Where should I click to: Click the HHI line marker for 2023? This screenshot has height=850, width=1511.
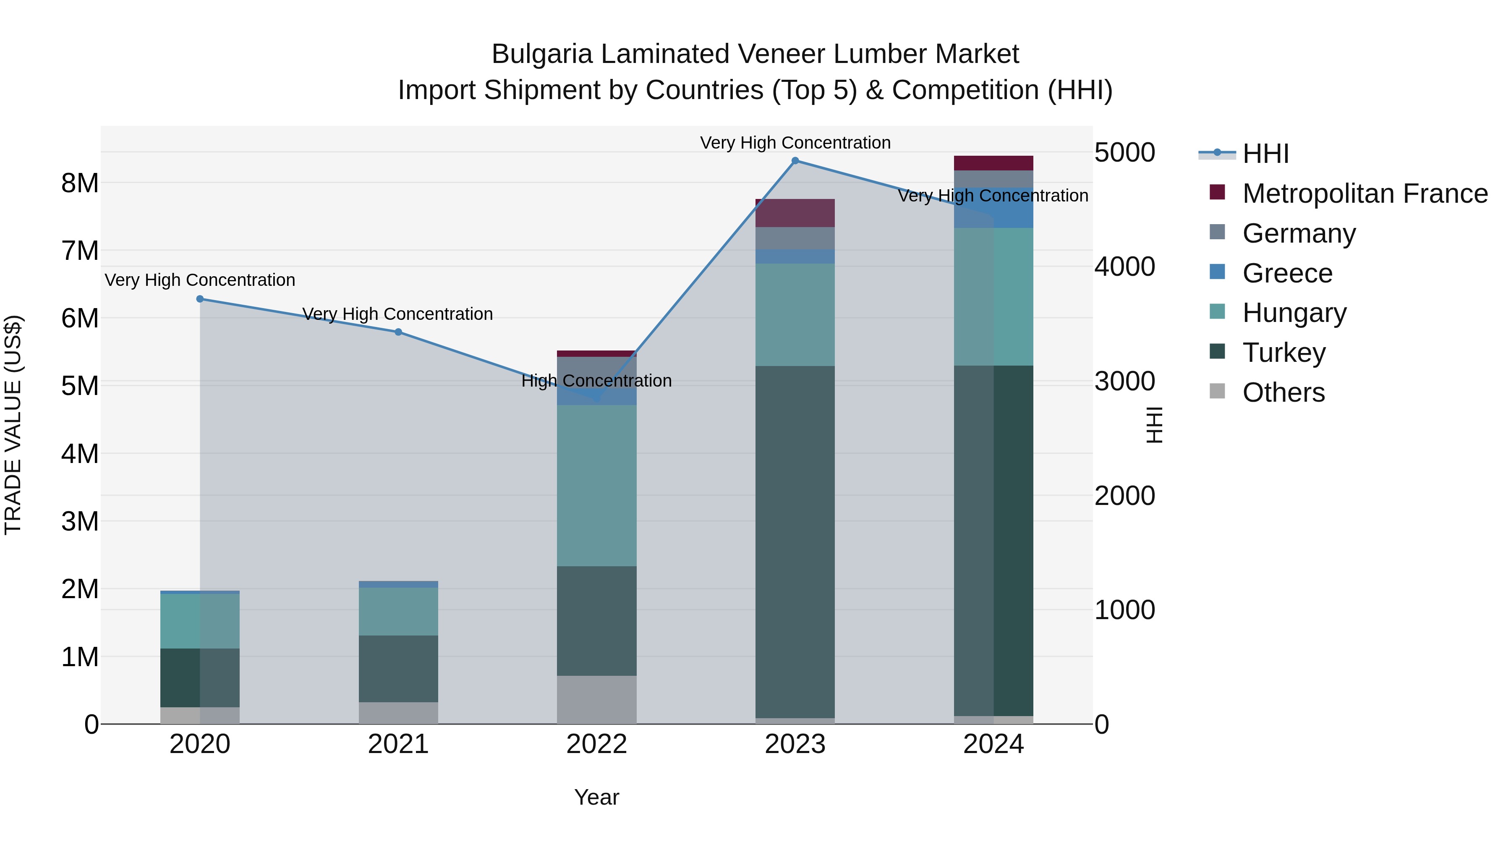tap(795, 161)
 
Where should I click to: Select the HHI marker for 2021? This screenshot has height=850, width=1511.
tap(398, 332)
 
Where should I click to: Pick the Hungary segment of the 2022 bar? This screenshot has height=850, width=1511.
tap(596, 485)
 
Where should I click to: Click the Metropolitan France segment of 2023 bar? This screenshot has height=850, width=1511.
tap(795, 213)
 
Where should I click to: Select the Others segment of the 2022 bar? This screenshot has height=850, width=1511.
tap(596, 699)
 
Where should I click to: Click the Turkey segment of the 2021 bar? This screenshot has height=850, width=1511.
tap(398, 669)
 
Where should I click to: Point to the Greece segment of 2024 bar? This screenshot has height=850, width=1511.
tap(993, 208)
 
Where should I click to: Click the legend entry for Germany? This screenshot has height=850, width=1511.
tap(1298, 233)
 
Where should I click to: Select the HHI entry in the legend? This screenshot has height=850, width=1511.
tap(1265, 154)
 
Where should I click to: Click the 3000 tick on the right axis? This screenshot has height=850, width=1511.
tap(1124, 381)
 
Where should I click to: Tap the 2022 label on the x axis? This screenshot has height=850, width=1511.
tap(596, 744)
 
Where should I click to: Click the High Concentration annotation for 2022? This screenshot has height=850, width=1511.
tap(596, 381)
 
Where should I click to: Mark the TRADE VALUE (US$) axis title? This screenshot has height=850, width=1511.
tap(13, 425)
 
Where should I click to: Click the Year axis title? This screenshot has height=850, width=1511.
tap(596, 797)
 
